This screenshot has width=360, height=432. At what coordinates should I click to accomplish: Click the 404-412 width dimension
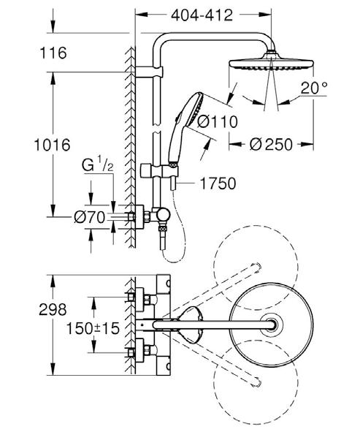click(x=202, y=15)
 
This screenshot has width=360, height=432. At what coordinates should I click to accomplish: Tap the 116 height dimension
click(x=53, y=53)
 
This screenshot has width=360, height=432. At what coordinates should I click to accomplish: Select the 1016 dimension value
click(x=53, y=145)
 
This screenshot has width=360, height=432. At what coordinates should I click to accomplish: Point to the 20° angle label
click(x=314, y=88)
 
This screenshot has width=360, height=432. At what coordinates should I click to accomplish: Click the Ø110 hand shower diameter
click(x=218, y=122)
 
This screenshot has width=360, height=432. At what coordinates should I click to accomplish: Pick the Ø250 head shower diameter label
click(x=271, y=145)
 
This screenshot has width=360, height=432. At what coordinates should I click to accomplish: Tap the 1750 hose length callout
click(x=218, y=183)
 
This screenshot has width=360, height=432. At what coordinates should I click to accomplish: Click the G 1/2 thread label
click(x=97, y=166)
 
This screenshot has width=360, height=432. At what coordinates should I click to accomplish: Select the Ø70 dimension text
click(x=90, y=217)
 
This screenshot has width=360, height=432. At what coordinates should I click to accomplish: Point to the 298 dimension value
click(x=53, y=309)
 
